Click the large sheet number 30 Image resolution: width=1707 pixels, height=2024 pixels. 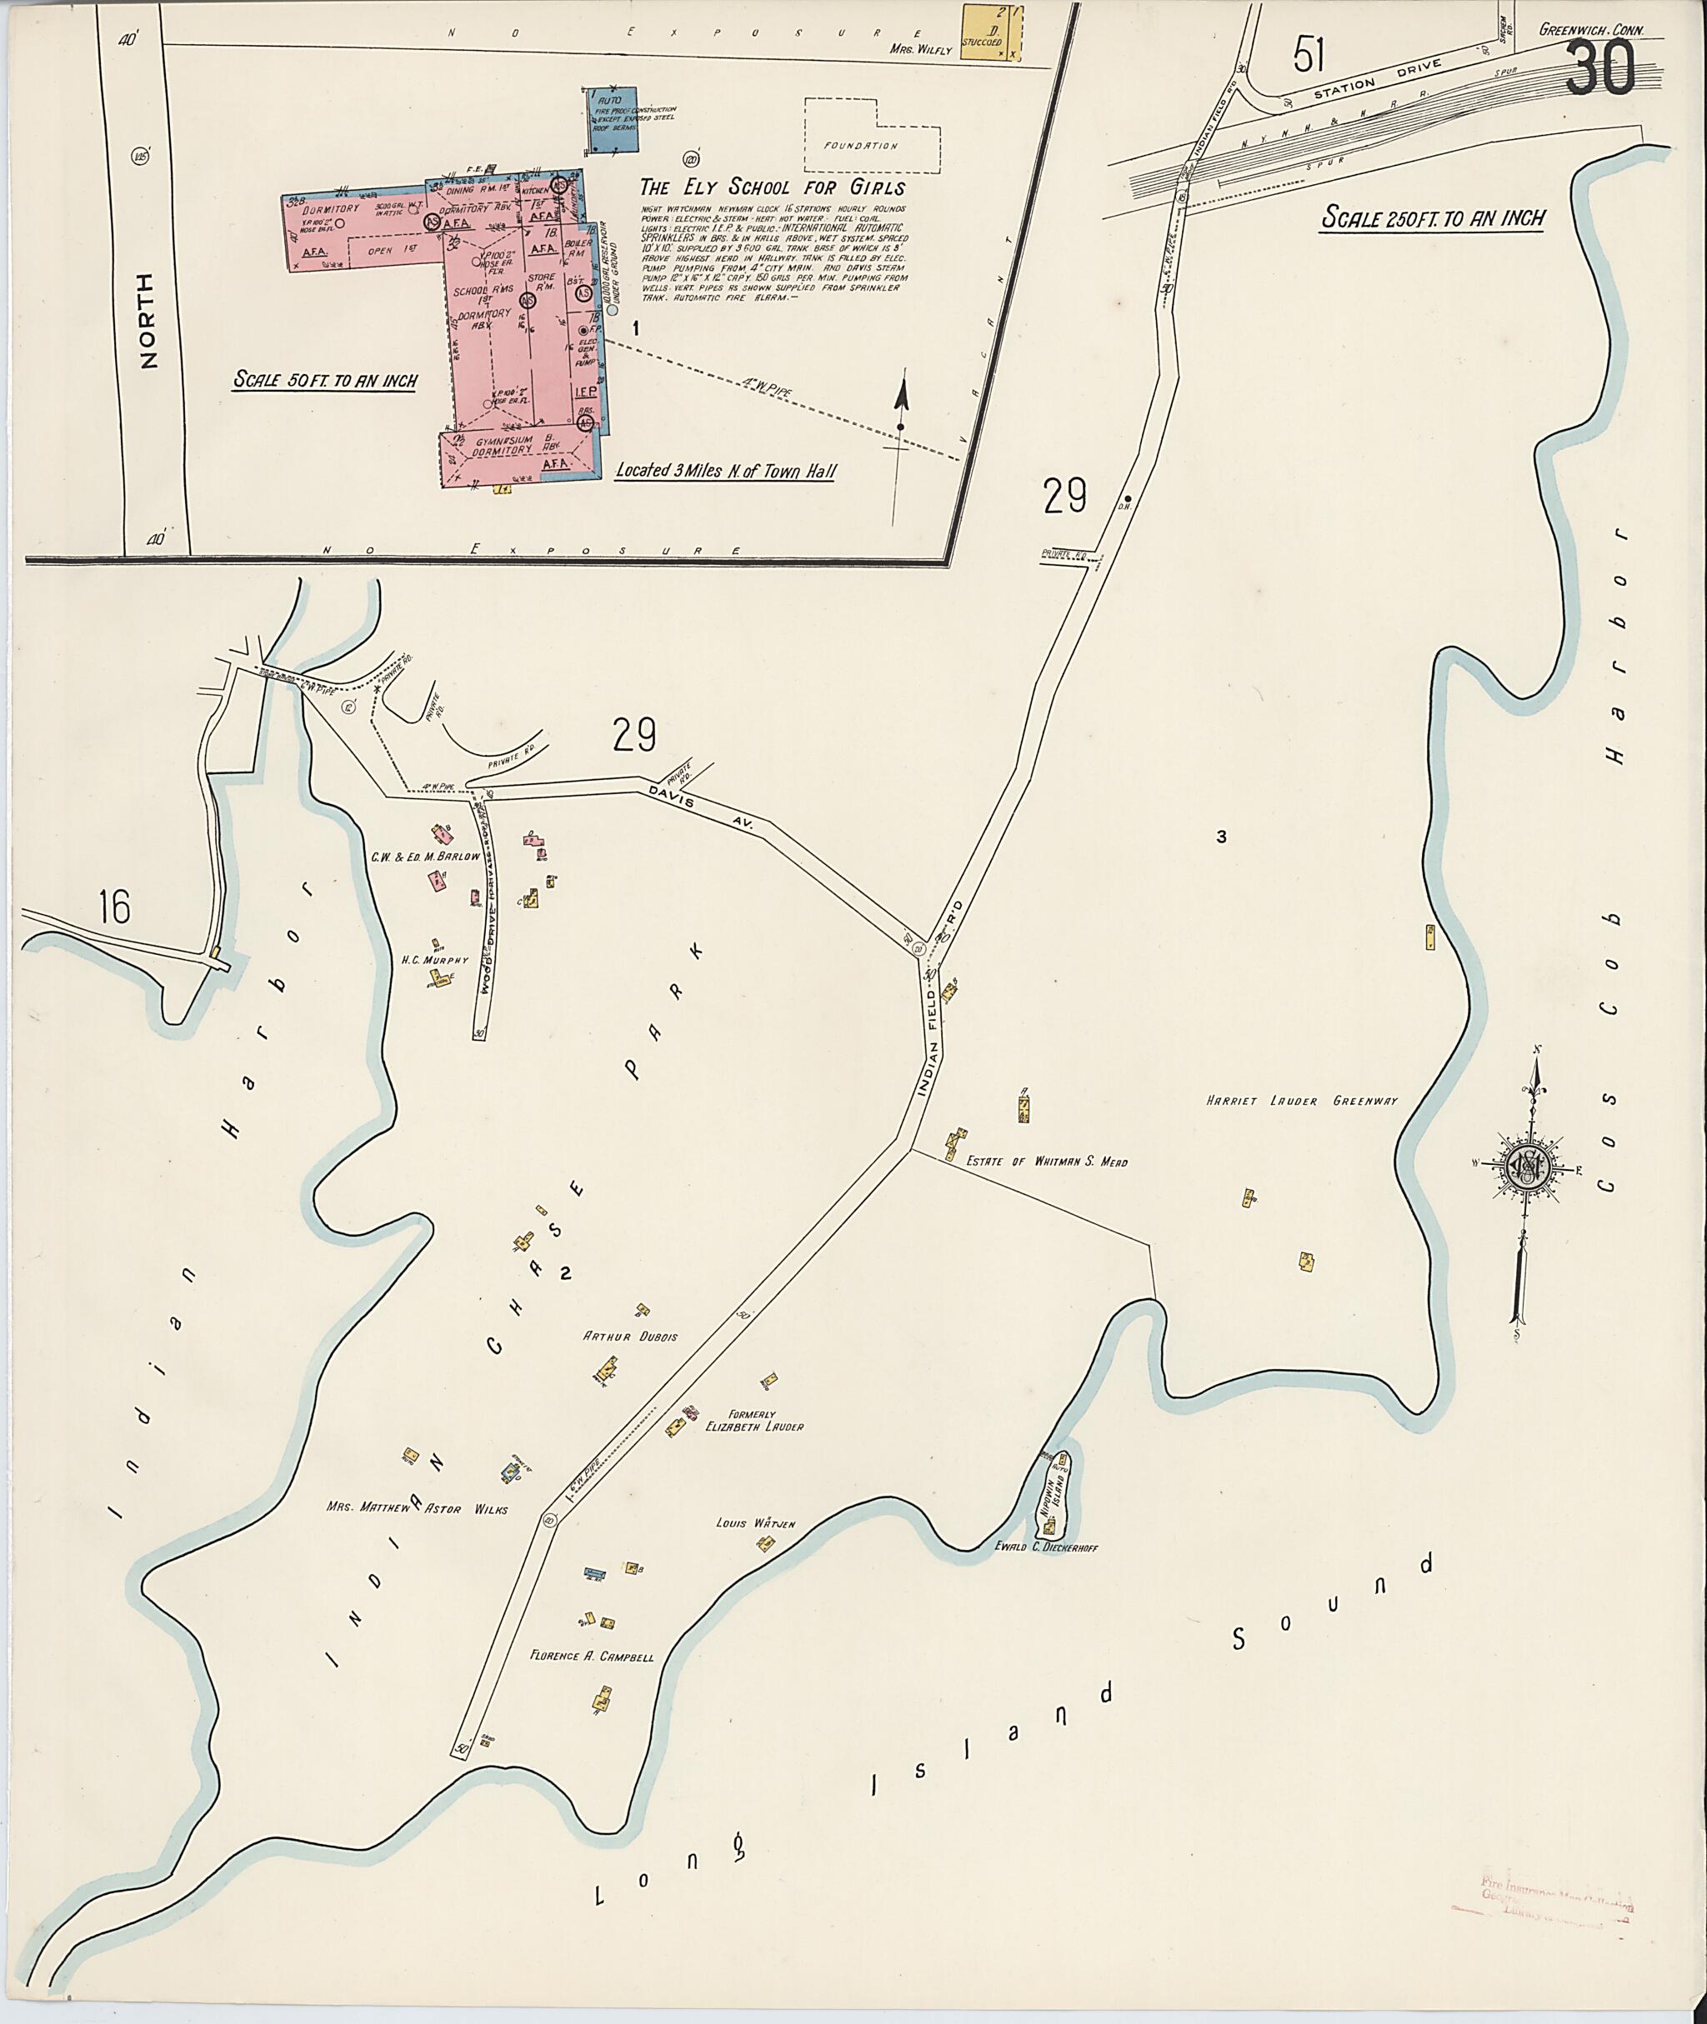(1600, 68)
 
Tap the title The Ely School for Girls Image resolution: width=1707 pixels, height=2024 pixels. (772, 187)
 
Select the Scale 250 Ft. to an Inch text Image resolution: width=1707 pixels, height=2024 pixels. (1432, 218)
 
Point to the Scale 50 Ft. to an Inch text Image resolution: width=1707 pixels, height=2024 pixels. (325, 380)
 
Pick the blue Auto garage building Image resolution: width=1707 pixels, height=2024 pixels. (612, 120)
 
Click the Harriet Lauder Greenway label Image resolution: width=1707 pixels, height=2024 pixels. (1302, 1100)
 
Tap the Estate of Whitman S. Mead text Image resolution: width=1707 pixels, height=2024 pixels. (1047, 1162)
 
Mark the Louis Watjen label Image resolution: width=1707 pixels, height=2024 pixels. (755, 1524)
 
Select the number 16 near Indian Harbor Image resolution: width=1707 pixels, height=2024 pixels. (114, 907)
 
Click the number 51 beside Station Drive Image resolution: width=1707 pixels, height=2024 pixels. (1309, 55)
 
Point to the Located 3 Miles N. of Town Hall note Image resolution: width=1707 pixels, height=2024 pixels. (725, 471)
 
